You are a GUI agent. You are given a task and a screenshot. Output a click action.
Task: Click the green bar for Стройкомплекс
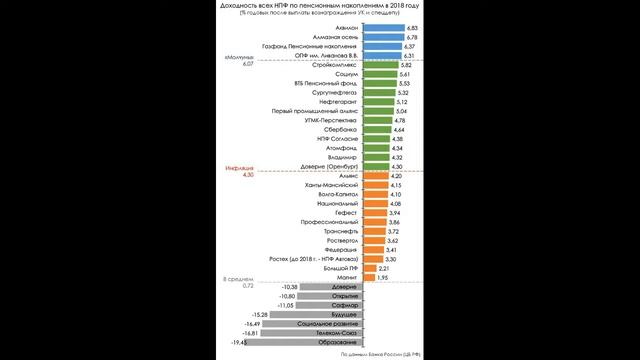379,64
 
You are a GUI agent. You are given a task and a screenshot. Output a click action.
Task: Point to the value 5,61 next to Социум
405,75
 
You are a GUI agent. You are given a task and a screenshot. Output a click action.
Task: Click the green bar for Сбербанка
375,129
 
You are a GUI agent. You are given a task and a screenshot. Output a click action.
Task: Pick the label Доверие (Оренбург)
333,166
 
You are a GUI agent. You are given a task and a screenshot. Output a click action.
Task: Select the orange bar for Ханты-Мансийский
374,185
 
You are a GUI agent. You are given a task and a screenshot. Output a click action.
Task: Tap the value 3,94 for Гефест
394,213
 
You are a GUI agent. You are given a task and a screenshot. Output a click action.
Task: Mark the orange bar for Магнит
367,278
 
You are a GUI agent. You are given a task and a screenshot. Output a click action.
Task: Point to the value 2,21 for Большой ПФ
382,268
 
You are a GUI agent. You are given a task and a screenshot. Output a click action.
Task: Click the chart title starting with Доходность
320,6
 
